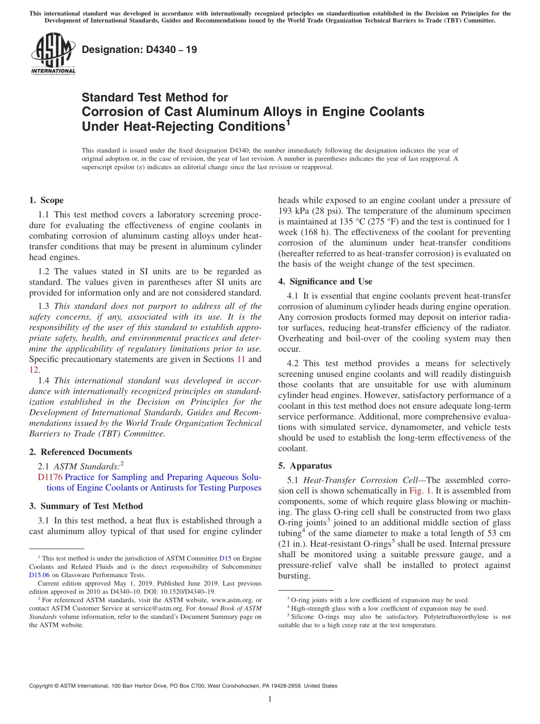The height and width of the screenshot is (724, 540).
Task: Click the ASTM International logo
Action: pyautogui.click(x=52, y=54)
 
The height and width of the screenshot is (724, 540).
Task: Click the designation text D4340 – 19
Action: pyautogui.click(x=139, y=50)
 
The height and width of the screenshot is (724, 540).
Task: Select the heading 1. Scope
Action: pyautogui.click(x=47, y=200)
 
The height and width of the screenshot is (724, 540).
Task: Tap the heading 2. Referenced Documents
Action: pyautogui.click(x=81, y=452)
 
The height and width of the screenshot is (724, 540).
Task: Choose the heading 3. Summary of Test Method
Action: pyautogui.click(x=86, y=506)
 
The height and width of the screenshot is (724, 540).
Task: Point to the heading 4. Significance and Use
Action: pyautogui.click(x=325, y=281)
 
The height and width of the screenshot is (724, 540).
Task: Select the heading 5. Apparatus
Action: pyautogui.click(x=305, y=465)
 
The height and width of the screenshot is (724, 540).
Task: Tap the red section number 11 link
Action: pyautogui.click(x=240, y=359)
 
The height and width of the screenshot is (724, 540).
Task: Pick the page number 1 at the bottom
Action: pyautogui.click(x=270, y=699)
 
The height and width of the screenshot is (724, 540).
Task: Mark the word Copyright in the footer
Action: pyautogui.click(x=43, y=686)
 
